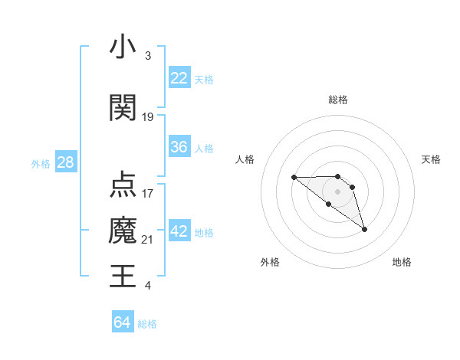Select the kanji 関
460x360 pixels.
(x=123, y=108)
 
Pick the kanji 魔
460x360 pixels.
(x=123, y=229)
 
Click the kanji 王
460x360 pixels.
(x=123, y=275)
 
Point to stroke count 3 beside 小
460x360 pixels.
(x=148, y=56)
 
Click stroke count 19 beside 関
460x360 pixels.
(x=148, y=117)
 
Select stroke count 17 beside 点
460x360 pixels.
(x=148, y=194)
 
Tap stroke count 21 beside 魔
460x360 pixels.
(x=148, y=240)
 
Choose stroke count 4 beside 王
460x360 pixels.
(x=148, y=286)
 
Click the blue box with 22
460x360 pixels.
(x=179, y=78)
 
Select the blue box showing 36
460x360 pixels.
(x=179, y=147)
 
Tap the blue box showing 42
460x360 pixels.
(x=179, y=231)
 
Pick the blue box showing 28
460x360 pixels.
(x=65, y=162)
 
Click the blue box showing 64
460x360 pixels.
(x=122, y=322)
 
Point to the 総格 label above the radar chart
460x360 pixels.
(x=338, y=100)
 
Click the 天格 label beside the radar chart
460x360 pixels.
(x=431, y=159)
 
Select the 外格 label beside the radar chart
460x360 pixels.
(x=270, y=262)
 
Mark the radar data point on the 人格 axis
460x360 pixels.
(x=294, y=177)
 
